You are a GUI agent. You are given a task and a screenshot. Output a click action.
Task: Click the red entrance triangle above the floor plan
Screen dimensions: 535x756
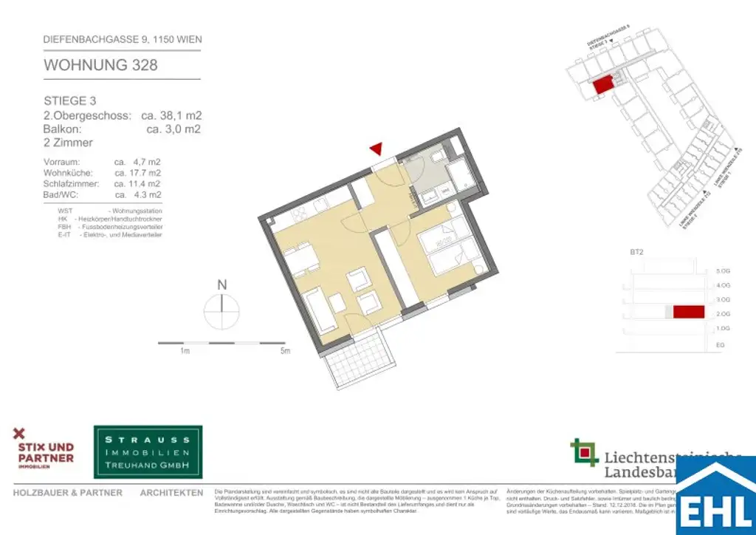pos(377,149)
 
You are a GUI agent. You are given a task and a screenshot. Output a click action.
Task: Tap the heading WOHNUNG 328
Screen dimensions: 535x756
pos(100,65)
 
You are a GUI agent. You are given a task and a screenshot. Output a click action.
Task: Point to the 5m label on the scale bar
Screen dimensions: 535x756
pos(284,351)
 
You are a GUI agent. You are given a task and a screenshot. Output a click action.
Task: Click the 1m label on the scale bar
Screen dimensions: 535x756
pos(185,351)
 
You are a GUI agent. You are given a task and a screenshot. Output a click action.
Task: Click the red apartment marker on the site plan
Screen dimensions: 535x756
pos(603,84)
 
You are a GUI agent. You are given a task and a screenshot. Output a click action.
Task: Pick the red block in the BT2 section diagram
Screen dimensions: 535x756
pos(688,313)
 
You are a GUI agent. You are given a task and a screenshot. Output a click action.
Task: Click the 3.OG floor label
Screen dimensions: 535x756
pos(723,300)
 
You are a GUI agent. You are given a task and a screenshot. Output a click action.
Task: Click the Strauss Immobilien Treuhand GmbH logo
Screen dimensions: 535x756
pos(148,451)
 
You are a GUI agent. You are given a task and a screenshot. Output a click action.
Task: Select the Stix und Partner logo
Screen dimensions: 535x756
pos(44,451)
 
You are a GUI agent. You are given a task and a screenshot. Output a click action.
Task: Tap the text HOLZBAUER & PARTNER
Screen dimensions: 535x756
pos(68,493)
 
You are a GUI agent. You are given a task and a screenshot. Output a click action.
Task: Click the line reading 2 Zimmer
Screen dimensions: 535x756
pos(68,143)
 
